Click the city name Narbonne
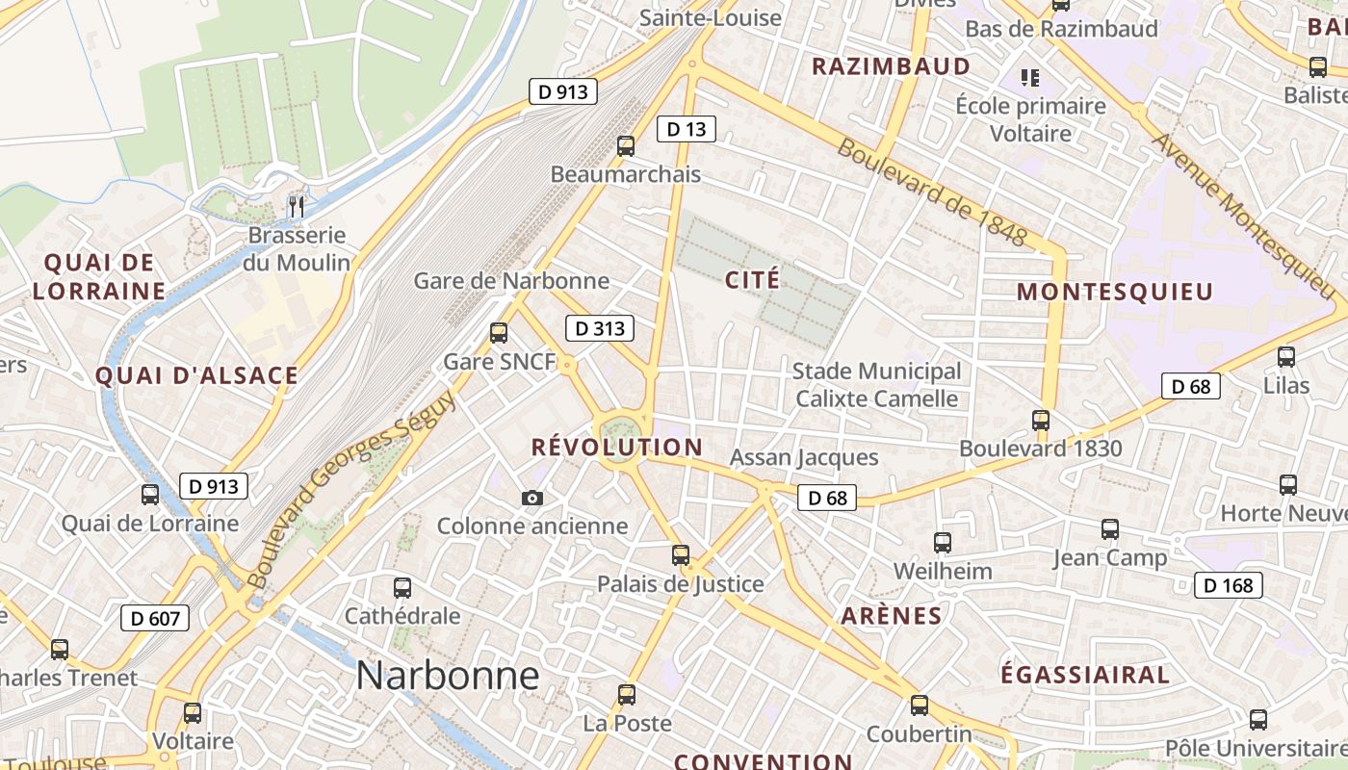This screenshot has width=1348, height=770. pos(448,676)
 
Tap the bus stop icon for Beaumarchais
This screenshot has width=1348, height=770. pos(626,146)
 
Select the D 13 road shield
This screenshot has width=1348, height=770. pos(687,129)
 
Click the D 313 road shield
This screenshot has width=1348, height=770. pos(600,328)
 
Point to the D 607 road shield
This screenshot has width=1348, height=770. pos(155,618)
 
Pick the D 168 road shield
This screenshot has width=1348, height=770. pos(1229,585)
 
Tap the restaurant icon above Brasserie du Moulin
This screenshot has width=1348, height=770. pos(297,206)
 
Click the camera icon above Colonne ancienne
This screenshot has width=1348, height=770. pos(531,498)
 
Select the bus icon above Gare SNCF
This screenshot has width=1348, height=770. pos(499,333)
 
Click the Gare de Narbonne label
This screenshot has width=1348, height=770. pos(511,281)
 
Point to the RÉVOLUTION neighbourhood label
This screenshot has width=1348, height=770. pos(617,447)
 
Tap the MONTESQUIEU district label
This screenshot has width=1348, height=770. pos(1115,292)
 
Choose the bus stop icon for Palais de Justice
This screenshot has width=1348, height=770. pos(681,555)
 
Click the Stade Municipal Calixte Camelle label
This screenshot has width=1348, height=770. pos(876,385)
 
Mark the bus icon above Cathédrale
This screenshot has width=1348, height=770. pos(402,587)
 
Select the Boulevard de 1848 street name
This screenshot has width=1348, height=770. pos(932,192)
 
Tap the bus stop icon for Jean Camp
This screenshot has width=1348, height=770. pos(1110,529)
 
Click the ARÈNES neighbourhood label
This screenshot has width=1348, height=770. pos(892,616)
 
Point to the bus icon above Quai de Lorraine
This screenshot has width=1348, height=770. pos(150,495)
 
